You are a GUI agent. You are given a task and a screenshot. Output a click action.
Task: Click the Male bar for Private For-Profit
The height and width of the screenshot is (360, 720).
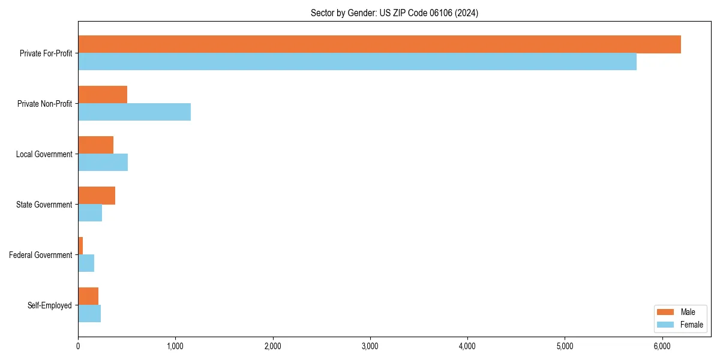379,44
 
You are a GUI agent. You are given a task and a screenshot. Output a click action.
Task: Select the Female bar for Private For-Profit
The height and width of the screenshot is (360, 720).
357,62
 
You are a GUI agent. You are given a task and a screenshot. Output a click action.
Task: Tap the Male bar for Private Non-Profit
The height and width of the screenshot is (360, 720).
103,95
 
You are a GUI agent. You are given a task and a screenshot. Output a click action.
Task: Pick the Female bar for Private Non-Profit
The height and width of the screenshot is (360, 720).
134,112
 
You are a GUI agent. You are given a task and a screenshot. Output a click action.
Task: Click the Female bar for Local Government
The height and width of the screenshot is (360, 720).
103,163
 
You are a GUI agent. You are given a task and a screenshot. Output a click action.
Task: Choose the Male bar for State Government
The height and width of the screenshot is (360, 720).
97,196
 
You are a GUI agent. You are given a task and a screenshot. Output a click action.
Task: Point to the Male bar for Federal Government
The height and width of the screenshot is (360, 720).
80,246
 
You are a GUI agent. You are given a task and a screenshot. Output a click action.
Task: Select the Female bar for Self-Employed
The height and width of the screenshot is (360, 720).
89,314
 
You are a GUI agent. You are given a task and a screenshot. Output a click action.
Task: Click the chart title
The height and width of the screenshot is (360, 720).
394,13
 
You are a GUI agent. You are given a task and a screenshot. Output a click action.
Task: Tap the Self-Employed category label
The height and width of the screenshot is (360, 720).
50,305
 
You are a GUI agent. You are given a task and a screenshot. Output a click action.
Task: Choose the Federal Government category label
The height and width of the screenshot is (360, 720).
41,255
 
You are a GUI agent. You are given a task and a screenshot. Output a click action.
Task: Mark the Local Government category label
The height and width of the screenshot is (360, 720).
44,154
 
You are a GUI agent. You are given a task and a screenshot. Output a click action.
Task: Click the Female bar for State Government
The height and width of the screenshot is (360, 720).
90,213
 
